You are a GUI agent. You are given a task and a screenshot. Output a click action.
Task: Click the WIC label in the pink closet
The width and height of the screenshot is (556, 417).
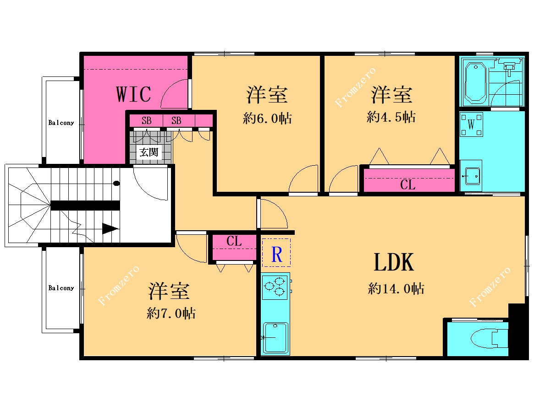[133, 94]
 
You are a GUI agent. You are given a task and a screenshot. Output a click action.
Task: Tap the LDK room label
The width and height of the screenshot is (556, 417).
[394, 262]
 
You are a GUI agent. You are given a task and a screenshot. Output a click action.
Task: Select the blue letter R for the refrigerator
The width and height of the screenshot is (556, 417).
[276, 254]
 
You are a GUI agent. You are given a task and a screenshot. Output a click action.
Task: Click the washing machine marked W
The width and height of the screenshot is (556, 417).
[471, 125]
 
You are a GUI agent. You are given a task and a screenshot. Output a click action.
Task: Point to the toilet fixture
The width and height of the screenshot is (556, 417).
[490, 338]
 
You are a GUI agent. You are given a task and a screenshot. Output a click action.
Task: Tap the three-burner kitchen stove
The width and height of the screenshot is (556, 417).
[275, 287]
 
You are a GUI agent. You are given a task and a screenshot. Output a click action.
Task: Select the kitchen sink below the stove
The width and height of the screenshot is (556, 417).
[275, 338]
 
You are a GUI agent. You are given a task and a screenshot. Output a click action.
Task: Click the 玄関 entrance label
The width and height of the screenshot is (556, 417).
[149, 152]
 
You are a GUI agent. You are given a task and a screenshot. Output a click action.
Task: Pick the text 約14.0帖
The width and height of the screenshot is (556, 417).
[396, 288]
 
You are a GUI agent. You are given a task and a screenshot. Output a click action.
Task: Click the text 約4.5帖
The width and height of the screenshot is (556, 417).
[391, 117]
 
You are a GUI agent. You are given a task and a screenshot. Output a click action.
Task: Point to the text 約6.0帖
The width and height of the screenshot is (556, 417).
[268, 118]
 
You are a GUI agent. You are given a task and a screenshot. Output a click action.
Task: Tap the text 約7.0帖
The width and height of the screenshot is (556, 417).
[171, 313]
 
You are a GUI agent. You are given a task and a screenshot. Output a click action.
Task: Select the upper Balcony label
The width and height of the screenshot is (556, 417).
[61, 123]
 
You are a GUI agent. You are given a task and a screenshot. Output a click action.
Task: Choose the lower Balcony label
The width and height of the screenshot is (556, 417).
[61, 288]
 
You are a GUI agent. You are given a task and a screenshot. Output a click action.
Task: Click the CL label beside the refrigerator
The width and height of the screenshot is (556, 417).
[234, 241]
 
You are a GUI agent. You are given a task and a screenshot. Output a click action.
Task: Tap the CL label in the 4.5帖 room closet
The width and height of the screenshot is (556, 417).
[407, 184]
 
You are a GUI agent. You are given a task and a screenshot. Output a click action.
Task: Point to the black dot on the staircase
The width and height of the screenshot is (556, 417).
[116, 184]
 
